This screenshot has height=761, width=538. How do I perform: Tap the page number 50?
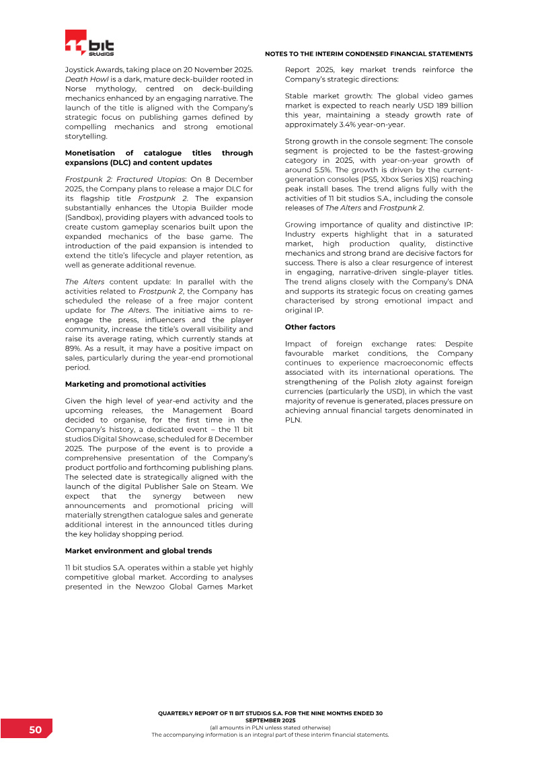pos(35,730)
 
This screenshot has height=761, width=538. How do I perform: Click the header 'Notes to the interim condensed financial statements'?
pos(369,54)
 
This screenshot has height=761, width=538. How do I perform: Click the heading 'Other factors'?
pos(310,327)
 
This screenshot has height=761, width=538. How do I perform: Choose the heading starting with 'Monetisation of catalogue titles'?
pos(159,157)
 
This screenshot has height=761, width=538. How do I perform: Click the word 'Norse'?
pos(78,89)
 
